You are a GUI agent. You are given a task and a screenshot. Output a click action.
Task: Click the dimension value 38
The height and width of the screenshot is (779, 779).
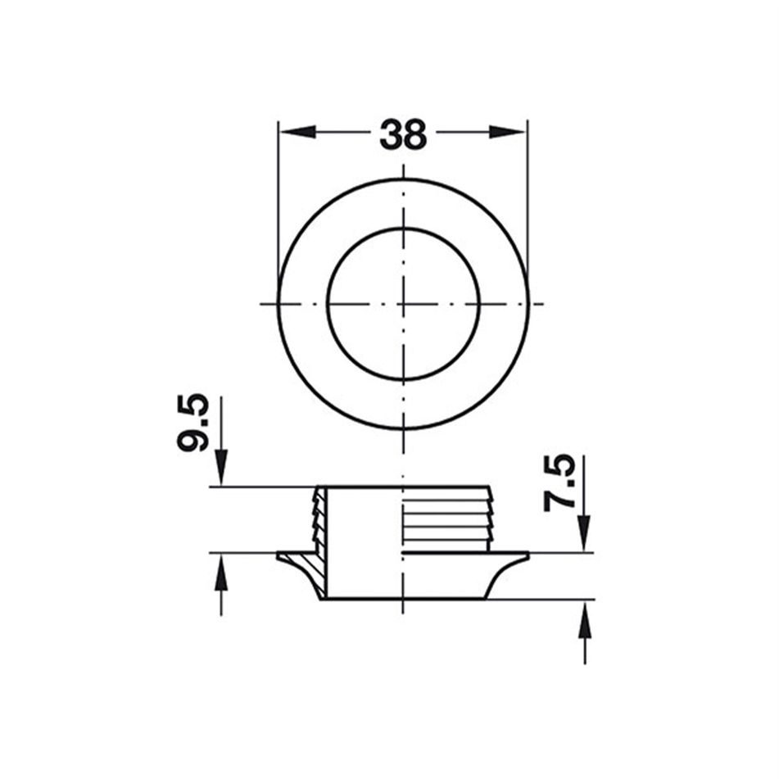403,134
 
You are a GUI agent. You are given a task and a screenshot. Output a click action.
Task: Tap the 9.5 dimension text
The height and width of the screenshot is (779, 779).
193,424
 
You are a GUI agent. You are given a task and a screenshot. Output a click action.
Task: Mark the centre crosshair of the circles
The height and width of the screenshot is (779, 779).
403,304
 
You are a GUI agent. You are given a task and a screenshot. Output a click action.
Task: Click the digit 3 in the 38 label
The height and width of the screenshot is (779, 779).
391,134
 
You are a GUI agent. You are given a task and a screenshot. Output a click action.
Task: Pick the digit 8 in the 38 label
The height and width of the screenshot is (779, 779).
415,134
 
